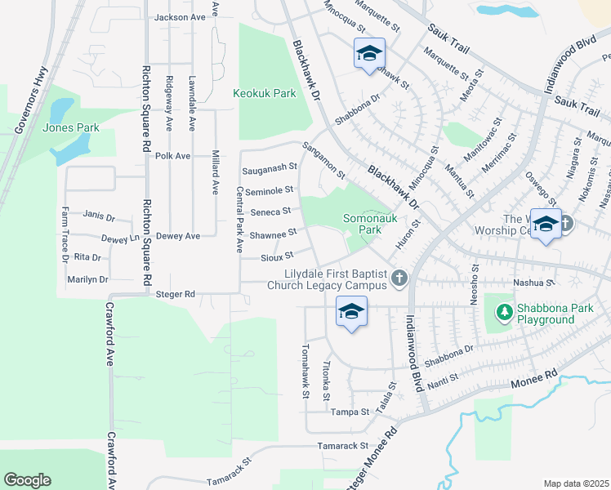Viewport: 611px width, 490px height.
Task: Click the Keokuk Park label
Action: [265, 94]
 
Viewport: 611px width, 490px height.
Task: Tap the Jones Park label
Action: [70, 127]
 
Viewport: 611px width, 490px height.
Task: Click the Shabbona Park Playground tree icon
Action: [504, 312]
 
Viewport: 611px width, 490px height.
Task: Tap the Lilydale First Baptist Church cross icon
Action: [399, 279]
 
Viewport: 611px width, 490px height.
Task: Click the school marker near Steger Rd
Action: [351, 312]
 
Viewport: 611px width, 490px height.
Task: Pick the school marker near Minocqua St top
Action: [369, 54]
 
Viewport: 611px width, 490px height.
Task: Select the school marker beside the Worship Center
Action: [545, 224]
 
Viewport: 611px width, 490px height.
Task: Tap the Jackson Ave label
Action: [180, 17]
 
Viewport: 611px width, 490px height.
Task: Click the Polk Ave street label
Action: [172, 156]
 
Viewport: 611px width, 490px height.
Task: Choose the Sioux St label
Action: [277, 257]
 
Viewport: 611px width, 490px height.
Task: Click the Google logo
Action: [28, 480]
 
